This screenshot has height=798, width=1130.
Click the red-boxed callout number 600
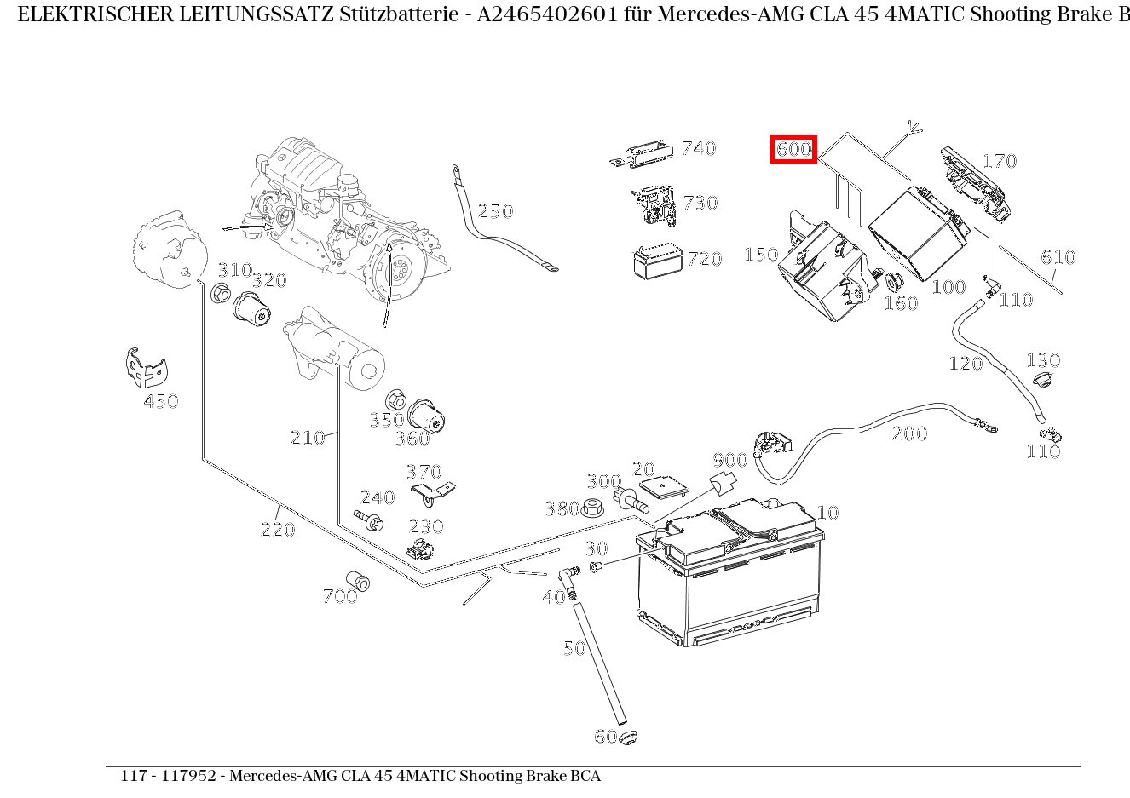793,150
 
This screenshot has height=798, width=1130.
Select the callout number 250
495,211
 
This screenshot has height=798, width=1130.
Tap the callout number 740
699,148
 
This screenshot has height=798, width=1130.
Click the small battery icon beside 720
658,262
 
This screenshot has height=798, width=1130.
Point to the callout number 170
1000,161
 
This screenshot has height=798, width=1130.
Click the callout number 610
1058,257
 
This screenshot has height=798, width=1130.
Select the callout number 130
1042,360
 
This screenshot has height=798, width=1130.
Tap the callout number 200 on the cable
909,433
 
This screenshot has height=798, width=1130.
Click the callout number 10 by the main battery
827,513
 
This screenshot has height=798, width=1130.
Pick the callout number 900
729,461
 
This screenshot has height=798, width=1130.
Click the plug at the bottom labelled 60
628,738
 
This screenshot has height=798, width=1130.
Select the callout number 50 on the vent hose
574,648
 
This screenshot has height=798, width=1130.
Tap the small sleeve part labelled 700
358,582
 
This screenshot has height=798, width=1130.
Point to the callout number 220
278,530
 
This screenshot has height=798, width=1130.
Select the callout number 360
412,439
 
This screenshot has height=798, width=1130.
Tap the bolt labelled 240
372,520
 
